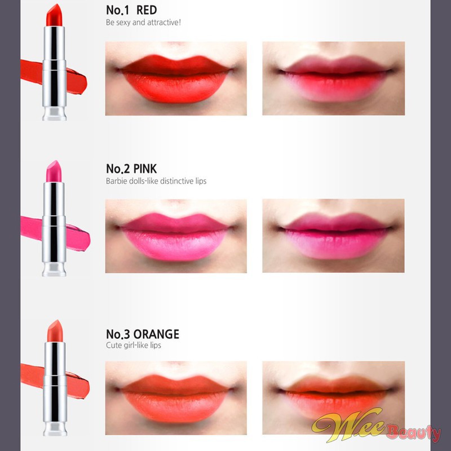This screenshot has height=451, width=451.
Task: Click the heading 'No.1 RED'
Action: pos(131,10)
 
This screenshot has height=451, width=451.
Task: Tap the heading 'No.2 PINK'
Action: pos(131,169)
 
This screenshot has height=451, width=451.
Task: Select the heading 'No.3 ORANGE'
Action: pos(143,334)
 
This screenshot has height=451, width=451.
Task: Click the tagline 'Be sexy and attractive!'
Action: pos(143,23)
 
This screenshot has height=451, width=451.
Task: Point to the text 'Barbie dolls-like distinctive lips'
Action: pos(156,181)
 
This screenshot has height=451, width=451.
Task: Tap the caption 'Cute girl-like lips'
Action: pos(134,345)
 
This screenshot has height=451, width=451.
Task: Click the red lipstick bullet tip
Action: pos(54,15)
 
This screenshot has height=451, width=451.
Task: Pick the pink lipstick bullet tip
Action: pos(54,171)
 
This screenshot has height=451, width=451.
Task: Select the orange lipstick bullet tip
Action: pos(55,331)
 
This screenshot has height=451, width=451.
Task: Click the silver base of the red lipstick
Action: pos(54,114)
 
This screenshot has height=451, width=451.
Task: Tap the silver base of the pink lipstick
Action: pos(54,269)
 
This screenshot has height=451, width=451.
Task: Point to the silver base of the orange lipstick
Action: pos(55,428)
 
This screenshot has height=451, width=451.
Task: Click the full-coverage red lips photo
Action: pos(176,78)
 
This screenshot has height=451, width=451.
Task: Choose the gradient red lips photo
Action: pos(334,78)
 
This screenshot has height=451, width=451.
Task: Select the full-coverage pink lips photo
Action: pos(176,236)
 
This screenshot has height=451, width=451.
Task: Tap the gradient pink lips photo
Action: pos(333,236)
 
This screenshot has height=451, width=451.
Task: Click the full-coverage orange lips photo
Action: pos(176,398)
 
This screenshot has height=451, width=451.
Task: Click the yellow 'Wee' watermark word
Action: pos(348,425)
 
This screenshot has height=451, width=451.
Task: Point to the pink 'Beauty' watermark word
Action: pos(414,432)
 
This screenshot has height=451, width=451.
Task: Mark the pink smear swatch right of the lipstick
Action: pos(78,238)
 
